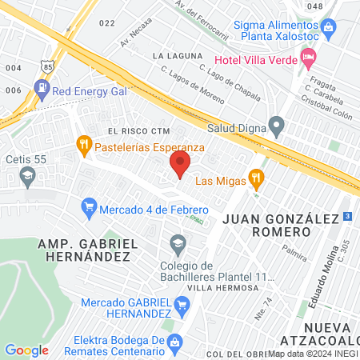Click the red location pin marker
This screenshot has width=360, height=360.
[x=180, y=166]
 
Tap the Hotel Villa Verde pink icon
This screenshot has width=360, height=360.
[x=308, y=58]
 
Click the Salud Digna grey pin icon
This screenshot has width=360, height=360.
[x=277, y=125]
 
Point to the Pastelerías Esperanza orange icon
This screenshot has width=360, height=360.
[x=84, y=146]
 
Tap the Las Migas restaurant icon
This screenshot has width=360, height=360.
[x=256, y=177]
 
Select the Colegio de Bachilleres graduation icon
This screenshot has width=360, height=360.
[x=176, y=242]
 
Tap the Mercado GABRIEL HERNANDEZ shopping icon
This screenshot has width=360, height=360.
[x=182, y=304]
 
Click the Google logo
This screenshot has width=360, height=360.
[x=26, y=350]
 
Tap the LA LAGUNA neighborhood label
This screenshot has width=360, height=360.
[x=174, y=56]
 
